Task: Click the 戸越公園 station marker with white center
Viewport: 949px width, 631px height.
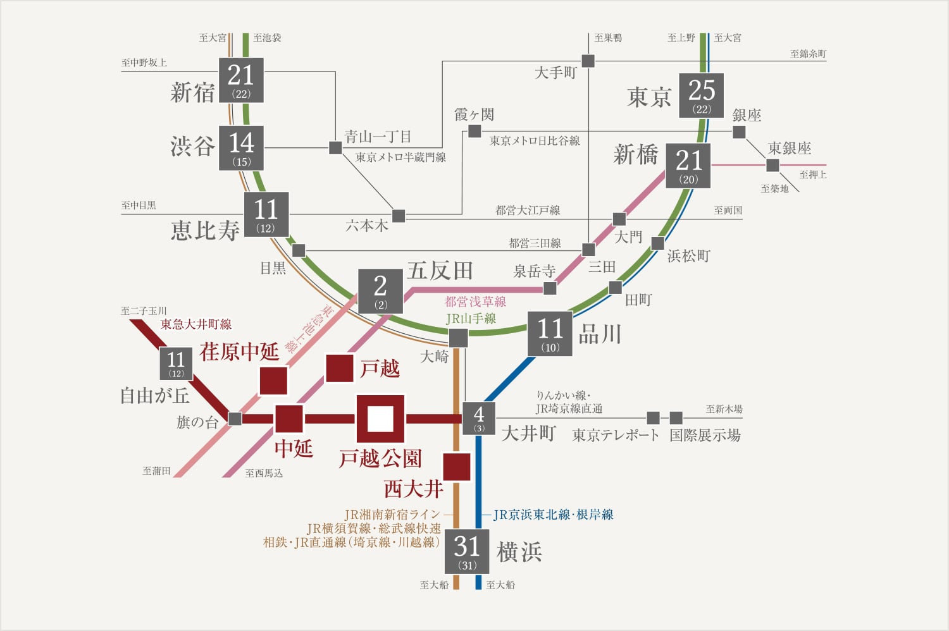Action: point(380,419)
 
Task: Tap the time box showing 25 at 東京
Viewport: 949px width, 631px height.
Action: point(701,95)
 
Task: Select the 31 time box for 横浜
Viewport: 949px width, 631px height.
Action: point(467,551)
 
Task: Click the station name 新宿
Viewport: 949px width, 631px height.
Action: point(192,92)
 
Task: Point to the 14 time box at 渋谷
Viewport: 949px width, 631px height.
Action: point(241,148)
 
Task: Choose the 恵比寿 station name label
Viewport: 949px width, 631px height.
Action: point(205,230)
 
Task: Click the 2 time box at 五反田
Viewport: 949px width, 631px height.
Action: point(380,291)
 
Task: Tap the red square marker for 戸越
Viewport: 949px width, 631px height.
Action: point(339,368)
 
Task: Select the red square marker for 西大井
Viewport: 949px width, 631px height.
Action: point(456,467)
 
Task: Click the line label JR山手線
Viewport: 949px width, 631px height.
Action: point(471,319)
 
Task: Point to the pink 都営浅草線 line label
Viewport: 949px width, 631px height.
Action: point(475,302)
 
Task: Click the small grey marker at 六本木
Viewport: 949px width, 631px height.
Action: point(399,216)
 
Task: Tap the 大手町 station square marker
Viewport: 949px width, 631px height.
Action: point(588,61)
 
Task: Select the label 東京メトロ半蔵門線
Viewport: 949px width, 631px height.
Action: point(400,157)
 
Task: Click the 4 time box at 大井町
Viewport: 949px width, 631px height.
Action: point(479,419)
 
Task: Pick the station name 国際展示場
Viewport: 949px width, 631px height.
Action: point(705,435)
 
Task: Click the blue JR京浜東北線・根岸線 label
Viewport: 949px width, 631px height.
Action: point(553,515)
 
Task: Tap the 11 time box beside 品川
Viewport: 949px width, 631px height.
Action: point(550,333)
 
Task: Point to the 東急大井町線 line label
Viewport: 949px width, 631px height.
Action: point(196,324)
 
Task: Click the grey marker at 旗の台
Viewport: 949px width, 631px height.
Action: point(235,419)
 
